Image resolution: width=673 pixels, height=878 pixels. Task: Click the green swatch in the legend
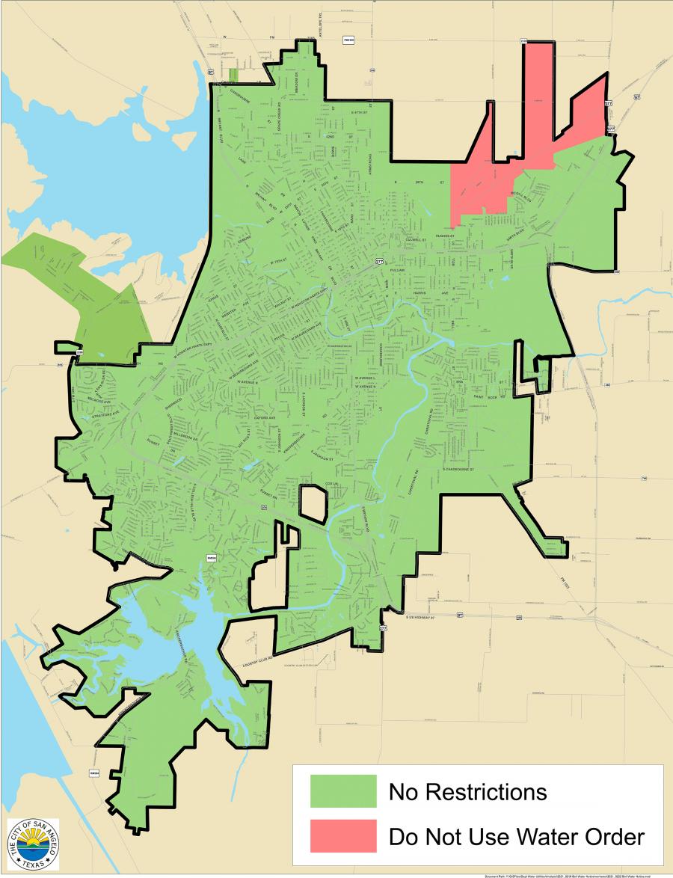point(343,791)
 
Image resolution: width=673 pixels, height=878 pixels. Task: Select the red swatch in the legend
point(343,836)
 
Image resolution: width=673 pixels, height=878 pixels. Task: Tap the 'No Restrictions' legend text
point(468,791)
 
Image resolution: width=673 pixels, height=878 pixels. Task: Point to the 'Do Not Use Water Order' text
point(516,837)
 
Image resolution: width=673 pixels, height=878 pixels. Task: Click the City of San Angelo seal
point(33,844)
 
